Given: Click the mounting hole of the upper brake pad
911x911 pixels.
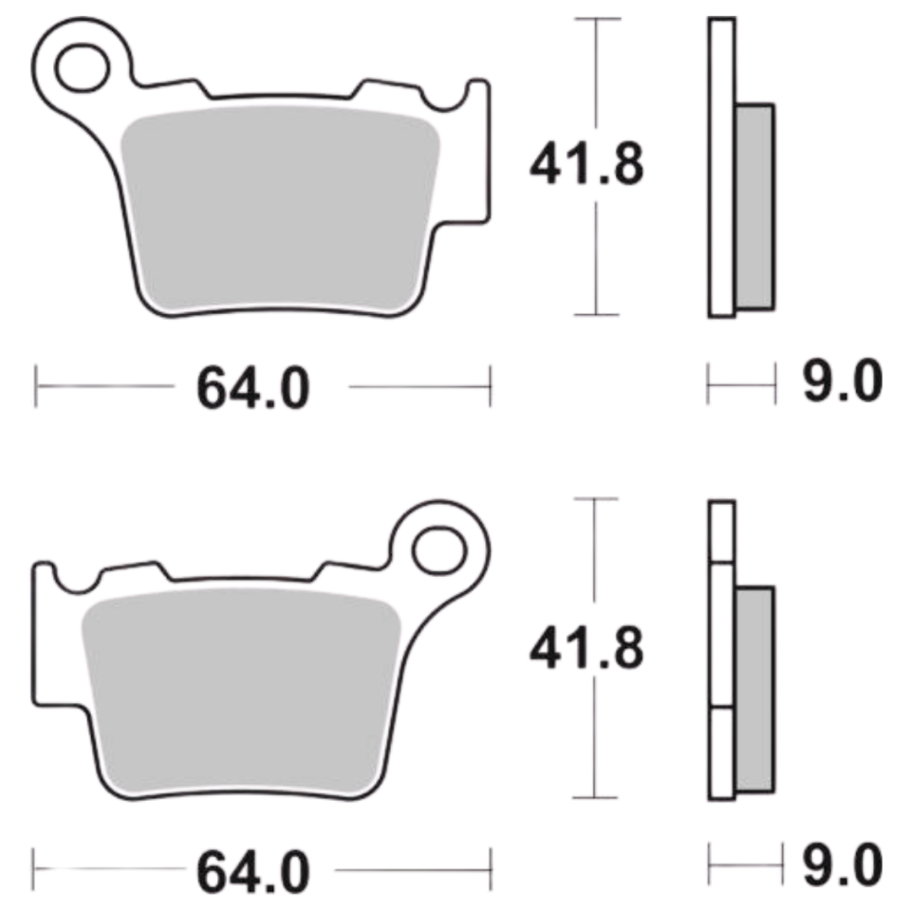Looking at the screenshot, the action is click(82, 67).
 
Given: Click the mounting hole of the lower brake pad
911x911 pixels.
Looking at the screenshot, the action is click(439, 550).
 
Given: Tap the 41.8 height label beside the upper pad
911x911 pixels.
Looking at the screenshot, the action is click(586, 164).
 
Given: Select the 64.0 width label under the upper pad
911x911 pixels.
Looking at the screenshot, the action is click(253, 388).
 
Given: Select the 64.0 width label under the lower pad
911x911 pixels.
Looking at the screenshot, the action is click(253, 871).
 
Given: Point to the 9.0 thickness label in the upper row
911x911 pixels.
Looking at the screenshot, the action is click(843, 381).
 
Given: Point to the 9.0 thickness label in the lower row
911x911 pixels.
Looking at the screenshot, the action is click(843, 865).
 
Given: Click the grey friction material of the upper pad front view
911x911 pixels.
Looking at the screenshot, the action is click(279, 206).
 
